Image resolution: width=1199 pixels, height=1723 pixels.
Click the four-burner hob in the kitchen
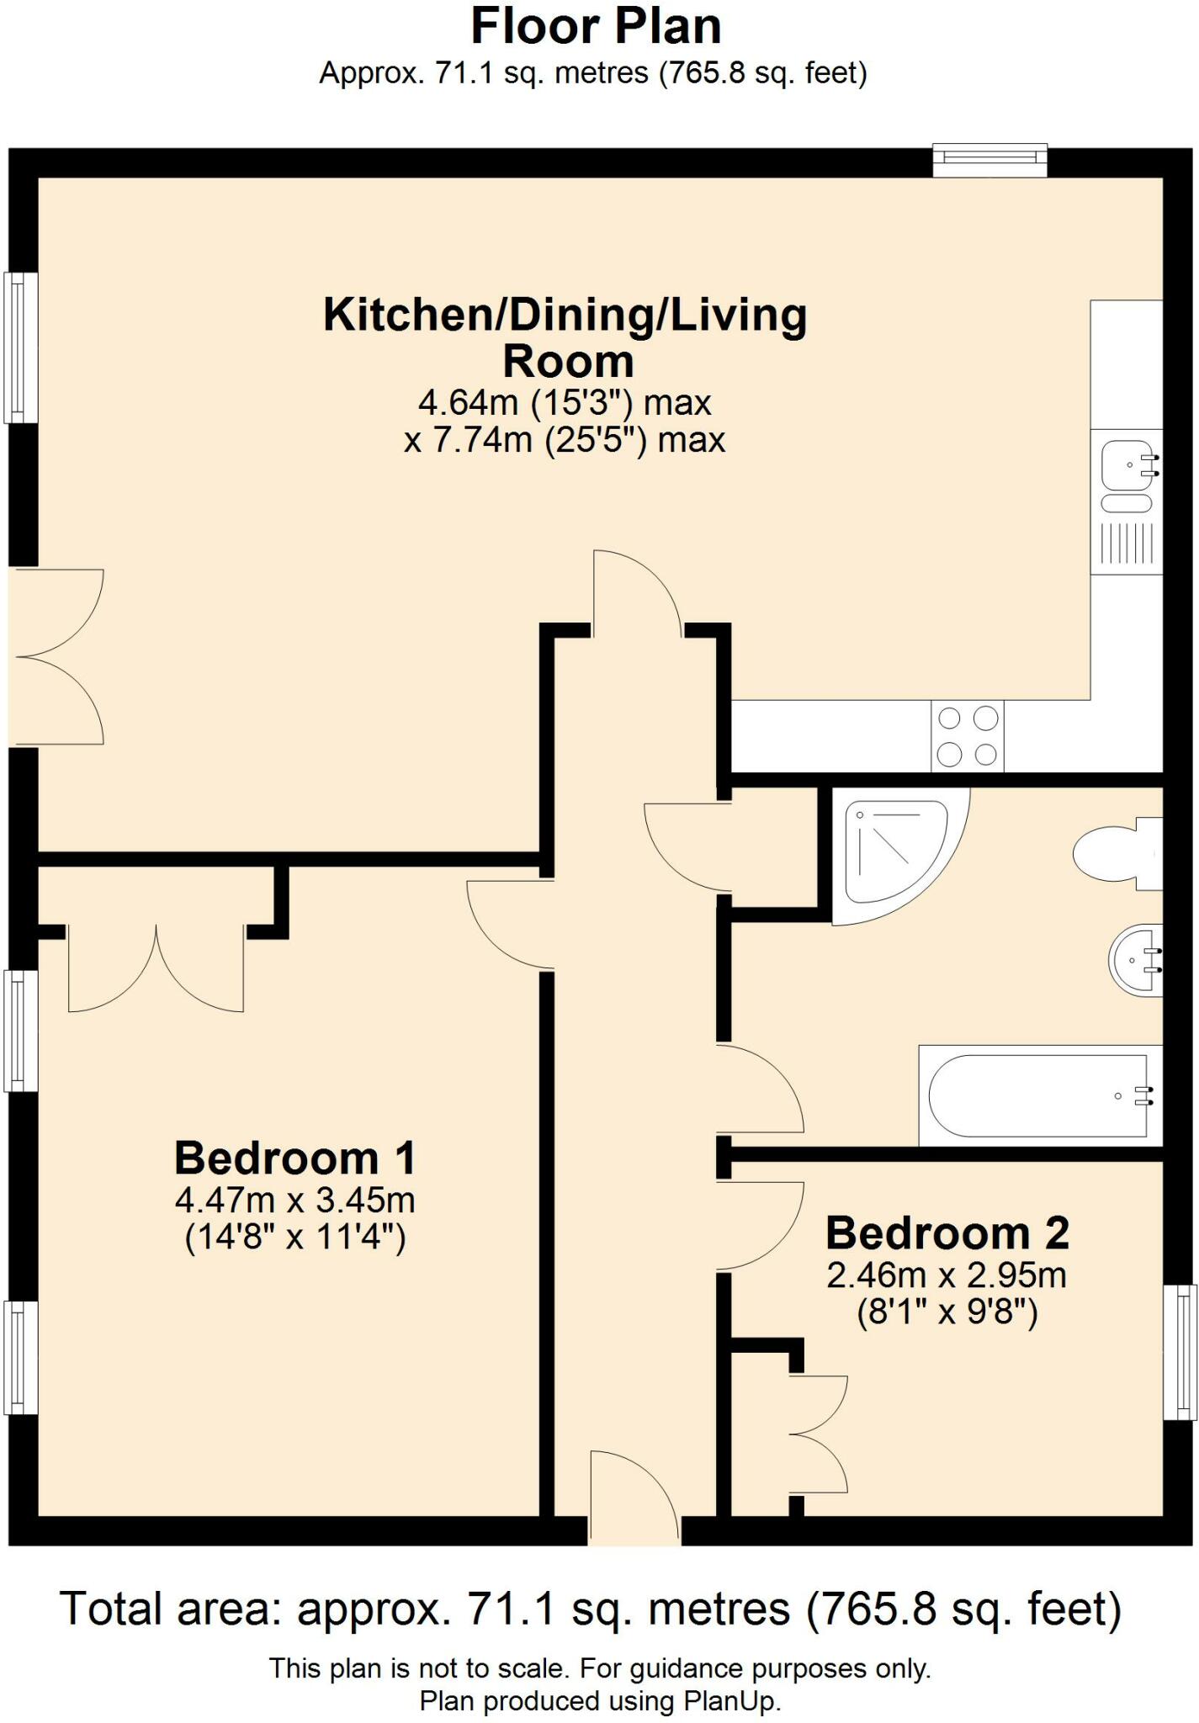point(968,736)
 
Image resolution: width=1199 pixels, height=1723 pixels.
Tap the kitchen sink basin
point(1126,463)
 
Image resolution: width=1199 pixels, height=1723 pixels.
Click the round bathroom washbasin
point(1136,960)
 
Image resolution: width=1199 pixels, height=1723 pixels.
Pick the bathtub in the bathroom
point(1041,1095)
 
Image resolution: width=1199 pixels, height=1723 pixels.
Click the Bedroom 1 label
point(294,1158)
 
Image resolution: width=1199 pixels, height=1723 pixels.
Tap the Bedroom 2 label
point(947,1233)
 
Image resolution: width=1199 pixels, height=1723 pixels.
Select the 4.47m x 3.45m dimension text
point(295,1200)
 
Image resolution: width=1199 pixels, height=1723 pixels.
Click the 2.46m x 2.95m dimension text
point(947,1275)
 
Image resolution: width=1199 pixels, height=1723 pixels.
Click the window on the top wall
point(990,160)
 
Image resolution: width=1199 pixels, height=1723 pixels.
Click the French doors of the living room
point(57,657)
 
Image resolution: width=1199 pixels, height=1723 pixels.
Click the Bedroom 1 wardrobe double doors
point(157,969)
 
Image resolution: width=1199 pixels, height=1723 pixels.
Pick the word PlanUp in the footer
point(729,1701)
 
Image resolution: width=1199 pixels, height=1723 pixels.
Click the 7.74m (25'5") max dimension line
point(565,440)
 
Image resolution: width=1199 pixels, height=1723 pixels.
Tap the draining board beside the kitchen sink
point(1126,543)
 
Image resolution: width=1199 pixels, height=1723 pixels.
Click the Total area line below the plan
point(591,1609)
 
